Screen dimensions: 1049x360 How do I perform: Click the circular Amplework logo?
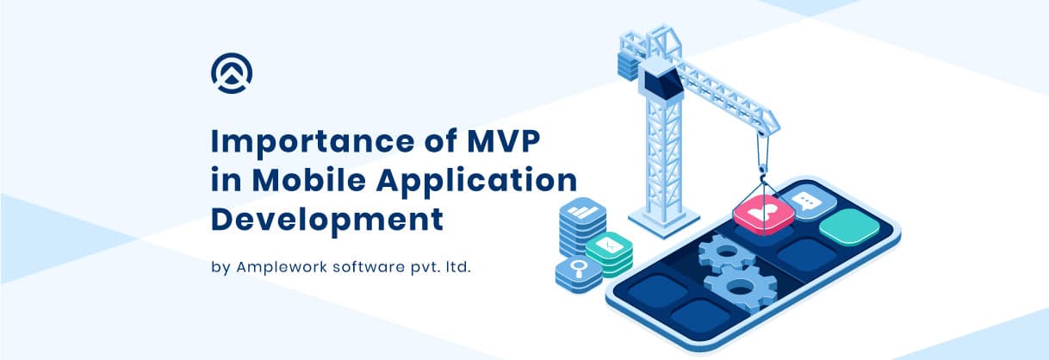coord(232,73)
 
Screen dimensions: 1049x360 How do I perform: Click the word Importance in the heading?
coord(313,142)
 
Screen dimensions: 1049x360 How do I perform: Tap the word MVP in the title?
coord(504,140)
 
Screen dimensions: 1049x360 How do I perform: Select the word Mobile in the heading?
coord(309,180)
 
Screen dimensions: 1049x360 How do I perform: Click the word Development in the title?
coord(327,220)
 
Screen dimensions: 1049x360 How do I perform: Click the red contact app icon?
coord(764,214)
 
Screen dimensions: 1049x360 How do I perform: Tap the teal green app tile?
coord(849,227)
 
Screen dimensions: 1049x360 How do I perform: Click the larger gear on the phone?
coord(741,287)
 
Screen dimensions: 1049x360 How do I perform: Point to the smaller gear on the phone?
coord(726,254)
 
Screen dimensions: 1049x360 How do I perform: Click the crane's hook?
coord(763,171)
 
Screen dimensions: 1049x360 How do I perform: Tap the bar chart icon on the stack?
coord(583,211)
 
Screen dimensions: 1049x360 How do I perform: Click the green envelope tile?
coord(609,245)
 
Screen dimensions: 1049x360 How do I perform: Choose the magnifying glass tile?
coord(579,270)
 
